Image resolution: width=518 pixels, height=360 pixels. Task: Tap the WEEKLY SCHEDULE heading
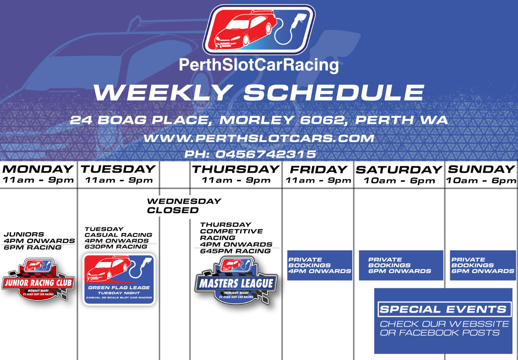point(259,92)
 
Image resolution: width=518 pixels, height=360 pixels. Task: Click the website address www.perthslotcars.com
point(259,138)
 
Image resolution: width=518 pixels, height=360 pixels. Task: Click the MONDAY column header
point(38,169)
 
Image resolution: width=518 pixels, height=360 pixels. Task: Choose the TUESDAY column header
point(118,169)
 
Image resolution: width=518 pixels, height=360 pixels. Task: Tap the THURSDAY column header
point(236,169)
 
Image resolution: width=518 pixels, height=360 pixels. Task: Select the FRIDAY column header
point(318,169)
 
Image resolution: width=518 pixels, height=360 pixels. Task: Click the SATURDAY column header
point(399,170)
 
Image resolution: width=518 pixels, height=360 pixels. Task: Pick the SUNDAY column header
point(481,169)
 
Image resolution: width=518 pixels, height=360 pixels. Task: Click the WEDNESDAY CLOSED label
point(184,206)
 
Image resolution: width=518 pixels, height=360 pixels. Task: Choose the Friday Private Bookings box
point(320,265)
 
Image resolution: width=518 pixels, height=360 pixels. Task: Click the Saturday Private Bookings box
point(401,265)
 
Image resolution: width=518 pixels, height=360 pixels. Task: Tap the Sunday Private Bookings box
point(483,265)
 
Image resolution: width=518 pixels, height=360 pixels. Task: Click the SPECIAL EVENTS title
point(443,309)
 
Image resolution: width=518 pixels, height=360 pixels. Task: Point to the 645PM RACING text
point(235,251)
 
